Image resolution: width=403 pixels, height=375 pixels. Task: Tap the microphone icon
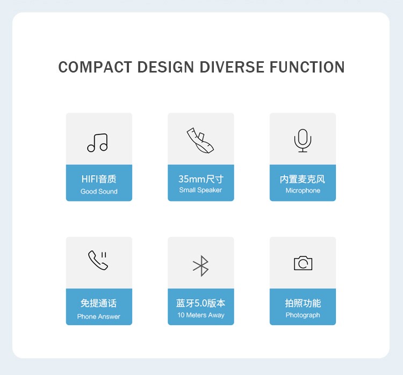point(303,140)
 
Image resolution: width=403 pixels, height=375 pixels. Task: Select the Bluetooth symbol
point(201,266)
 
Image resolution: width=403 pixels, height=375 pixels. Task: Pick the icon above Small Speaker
point(200,140)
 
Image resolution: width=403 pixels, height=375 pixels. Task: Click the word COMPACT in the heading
point(95,67)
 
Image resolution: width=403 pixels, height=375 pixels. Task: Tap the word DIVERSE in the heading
point(232,67)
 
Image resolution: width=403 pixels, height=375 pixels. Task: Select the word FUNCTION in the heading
point(307,67)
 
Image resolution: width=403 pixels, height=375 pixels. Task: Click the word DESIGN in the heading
point(166,67)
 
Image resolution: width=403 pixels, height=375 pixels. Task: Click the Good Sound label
point(99,191)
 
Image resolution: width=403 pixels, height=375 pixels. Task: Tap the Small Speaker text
point(200,190)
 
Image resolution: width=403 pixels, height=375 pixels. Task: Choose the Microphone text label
point(303,191)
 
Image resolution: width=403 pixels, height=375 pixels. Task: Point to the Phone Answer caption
point(99,316)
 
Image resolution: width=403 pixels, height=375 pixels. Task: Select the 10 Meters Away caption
point(201,315)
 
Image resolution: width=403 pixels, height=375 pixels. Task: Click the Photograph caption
point(303,315)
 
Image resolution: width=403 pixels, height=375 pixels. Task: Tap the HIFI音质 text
point(99,179)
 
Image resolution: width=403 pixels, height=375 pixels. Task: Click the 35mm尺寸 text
point(201,179)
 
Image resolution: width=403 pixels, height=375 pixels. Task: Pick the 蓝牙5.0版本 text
point(201,303)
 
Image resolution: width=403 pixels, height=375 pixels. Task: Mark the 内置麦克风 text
point(303,179)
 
